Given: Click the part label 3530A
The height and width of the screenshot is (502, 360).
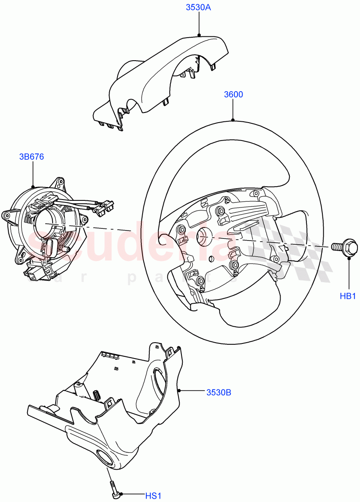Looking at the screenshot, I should [x=198, y=7].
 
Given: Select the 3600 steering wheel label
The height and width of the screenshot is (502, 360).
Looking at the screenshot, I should [x=233, y=95].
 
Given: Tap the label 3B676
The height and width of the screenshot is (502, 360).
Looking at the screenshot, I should [x=31, y=157].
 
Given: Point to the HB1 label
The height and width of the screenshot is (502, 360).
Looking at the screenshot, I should [x=347, y=297].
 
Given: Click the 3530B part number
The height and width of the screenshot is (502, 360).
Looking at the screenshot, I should [x=218, y=392].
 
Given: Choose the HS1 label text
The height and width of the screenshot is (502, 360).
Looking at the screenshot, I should [x=153, y=496].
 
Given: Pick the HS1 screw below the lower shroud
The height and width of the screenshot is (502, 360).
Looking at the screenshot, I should [x=114, y=489].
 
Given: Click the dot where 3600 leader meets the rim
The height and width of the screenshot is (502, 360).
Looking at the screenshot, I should [x=233, y=120].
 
